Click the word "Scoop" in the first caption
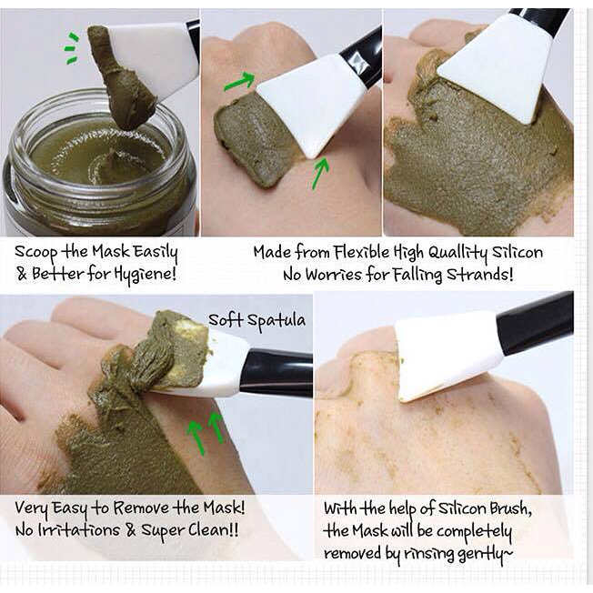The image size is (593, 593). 36,253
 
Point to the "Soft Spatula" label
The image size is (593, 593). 256,321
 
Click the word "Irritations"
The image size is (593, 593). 78,530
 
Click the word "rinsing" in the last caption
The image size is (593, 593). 428,555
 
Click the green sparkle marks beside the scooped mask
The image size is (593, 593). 72,48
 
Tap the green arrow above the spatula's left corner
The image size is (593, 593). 239,81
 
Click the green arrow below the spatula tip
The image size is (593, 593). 320,173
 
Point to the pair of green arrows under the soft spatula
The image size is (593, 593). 206,432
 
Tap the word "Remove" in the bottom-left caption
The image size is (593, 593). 141,508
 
